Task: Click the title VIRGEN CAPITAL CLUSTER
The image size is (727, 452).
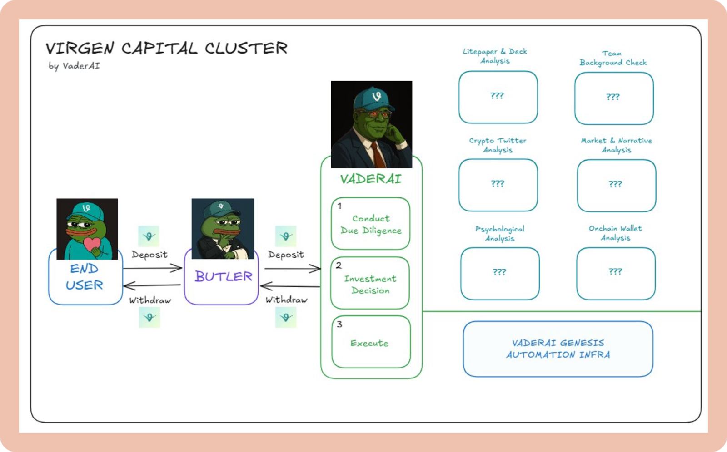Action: (166, 49)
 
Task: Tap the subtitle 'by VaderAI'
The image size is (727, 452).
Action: (75, 66)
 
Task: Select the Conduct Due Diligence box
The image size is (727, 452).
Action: (370, 223)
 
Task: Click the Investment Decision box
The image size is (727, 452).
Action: (370, 283)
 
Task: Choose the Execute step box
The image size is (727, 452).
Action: (371, 342)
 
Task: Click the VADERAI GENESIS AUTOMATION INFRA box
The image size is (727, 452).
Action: (558, 349)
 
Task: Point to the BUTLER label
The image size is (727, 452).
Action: (224, 276)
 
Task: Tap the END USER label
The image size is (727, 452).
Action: (85, 276)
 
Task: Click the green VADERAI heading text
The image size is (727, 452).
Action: (371, 179)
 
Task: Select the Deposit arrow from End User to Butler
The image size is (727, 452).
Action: (153, 268)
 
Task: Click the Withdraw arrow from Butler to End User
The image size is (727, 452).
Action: (152, 285)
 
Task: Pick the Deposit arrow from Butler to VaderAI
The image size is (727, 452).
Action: (293, 269)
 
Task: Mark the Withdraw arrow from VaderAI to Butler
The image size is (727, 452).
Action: (290, 286)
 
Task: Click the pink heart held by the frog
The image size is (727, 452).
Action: (92, 244)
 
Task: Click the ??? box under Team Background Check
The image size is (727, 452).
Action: (614, 98)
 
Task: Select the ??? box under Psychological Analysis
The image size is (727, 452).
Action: (500, 273)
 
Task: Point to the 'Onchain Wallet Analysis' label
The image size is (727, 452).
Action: (615, 233)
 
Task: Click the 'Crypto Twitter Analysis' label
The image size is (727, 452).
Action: (498, 145)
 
